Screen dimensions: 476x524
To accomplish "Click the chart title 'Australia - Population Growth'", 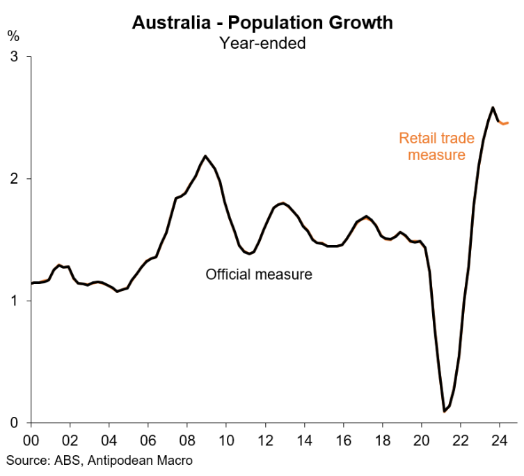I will [x=262, y=22].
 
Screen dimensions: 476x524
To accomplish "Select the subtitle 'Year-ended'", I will [x=262, y=43].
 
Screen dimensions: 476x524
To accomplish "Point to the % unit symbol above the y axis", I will [x=13, y=34].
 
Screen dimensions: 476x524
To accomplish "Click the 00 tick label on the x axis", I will [x=31, y=440].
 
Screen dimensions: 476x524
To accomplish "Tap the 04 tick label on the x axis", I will [x=109, y=440].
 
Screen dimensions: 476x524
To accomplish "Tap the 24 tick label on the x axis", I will [x=498, y=440].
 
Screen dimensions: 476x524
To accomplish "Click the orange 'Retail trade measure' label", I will [x=436, y=146].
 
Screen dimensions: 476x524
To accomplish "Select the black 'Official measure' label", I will [x=259, y=274].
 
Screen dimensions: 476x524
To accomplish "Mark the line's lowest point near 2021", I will [x=444, y=411].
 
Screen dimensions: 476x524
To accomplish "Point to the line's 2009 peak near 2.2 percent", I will [x=205, y=156].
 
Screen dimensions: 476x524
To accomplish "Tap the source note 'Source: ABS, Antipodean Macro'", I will [x=100, y=460].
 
